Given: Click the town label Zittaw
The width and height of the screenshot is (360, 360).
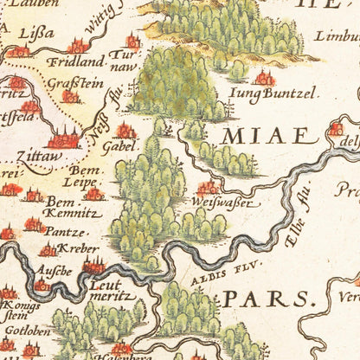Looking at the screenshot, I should (39, 157).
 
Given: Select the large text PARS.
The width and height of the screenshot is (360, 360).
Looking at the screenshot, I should (267, 299).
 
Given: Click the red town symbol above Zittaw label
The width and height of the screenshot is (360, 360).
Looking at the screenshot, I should (63, 137).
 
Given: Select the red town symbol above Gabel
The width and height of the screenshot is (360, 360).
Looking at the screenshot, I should (126, 131).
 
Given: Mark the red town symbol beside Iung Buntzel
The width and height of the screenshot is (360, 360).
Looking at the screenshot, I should (265, 79).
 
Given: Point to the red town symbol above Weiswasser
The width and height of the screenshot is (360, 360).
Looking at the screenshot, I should (208, 188).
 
